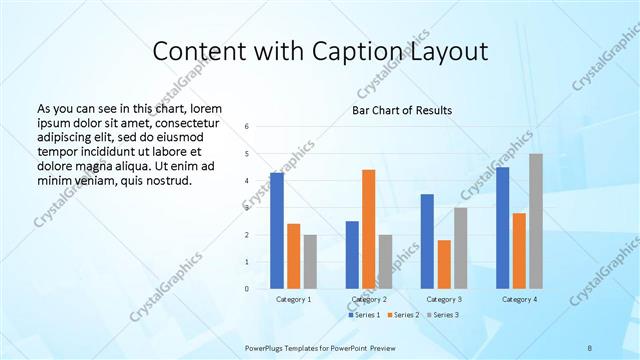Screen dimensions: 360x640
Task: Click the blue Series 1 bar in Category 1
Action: tap(276, 231)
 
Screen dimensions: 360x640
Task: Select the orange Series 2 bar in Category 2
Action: tap(368, 229)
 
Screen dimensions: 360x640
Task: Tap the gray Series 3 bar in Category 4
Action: tap(536, 221)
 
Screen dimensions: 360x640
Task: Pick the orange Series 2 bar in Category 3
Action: tap(443, 264)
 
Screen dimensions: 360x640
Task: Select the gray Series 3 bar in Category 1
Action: tap(310, 262)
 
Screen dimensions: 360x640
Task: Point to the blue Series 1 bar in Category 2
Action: tap(351, 255)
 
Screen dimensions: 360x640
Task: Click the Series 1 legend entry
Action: tap(364, 315)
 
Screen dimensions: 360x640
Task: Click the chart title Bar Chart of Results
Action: tap(402, 110)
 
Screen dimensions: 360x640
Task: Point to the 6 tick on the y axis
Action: tap(246, 127)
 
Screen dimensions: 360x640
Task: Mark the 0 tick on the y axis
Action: tap(246, 289)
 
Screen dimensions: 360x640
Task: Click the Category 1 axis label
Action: tap(293, 299)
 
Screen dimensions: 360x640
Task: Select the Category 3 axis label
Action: tap(443, 299)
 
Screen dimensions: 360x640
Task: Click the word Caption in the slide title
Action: tap(367, 51)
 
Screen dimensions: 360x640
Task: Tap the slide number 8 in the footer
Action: tap(589, 347)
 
